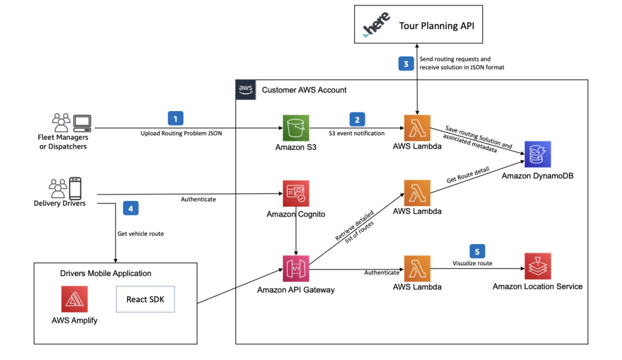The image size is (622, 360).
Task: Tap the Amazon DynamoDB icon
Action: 536,155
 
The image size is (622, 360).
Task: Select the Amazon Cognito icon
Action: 296,194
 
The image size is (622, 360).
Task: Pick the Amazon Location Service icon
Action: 538,267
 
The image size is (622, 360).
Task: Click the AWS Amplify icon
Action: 75,299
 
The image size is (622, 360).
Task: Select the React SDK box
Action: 145,299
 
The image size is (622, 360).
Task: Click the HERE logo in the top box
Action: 377,26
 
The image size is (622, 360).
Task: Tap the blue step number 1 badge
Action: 176,118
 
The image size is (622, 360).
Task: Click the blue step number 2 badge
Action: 357,119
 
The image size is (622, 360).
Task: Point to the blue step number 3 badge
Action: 406,63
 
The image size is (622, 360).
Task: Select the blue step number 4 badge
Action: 131,208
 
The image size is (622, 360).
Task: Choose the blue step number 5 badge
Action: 477,251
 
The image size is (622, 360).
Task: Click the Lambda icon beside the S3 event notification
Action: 416,128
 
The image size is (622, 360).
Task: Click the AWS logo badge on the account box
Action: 245,89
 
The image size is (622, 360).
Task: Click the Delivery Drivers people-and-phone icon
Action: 66,188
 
